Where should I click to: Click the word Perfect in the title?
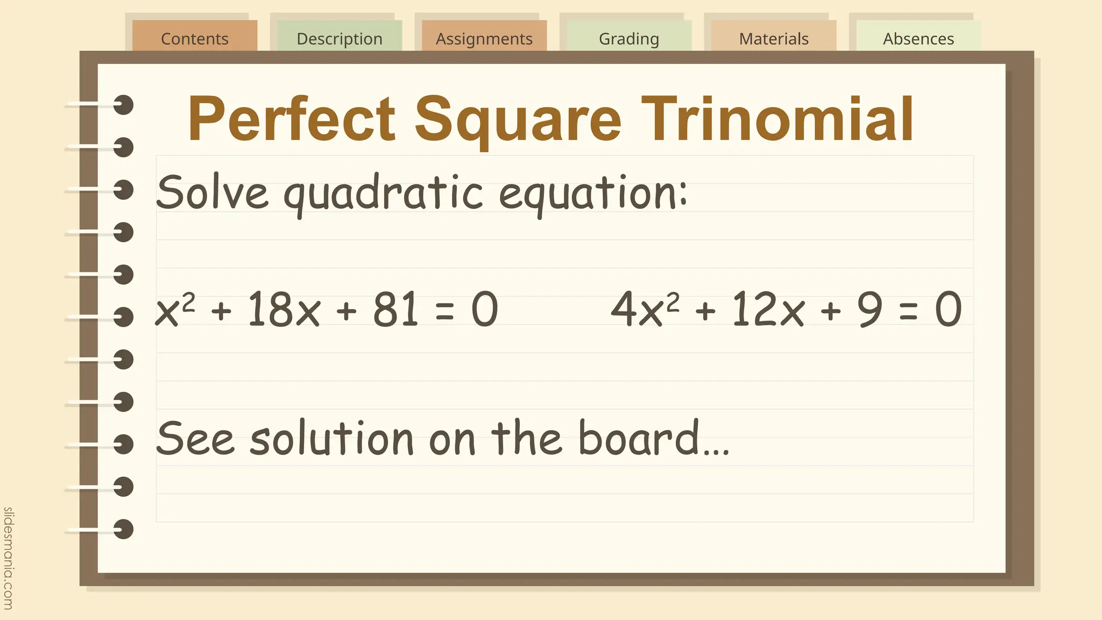[291, 119]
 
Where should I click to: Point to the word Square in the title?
[518, 119]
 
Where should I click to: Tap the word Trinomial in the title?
[777, 119]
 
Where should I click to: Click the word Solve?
[212, 192]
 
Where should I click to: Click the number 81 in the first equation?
[395, 309]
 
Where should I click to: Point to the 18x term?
[284, 309]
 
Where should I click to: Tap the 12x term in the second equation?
[768, 309]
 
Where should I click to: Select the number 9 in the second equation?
[870, 309]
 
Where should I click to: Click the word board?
[638, 438]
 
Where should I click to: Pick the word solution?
[331, 438]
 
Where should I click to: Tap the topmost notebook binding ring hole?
[123, 105]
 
